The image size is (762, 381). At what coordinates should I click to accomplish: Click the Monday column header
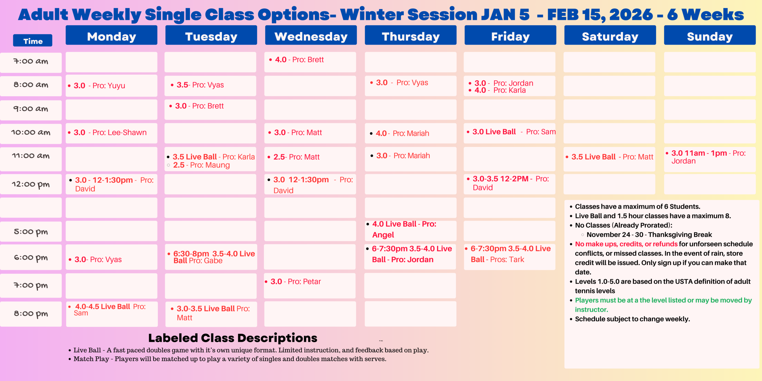point(111,36)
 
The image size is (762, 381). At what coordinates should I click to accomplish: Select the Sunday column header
point(710,36)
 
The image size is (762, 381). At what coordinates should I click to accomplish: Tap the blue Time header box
point(33,41)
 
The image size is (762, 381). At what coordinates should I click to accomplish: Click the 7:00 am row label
point(31,62)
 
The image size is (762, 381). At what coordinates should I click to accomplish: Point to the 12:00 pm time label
point(31,184)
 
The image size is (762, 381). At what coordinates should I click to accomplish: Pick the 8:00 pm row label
point(31,313)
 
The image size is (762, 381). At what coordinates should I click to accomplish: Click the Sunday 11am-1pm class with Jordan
point(708,157)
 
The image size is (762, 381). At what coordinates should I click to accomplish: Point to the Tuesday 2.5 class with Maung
point(201,165)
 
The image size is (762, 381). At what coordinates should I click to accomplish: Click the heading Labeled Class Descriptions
point(232,338)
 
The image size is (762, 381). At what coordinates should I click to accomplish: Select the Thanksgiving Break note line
point(649,235)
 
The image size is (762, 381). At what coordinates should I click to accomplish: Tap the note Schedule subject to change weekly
point(632,319)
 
